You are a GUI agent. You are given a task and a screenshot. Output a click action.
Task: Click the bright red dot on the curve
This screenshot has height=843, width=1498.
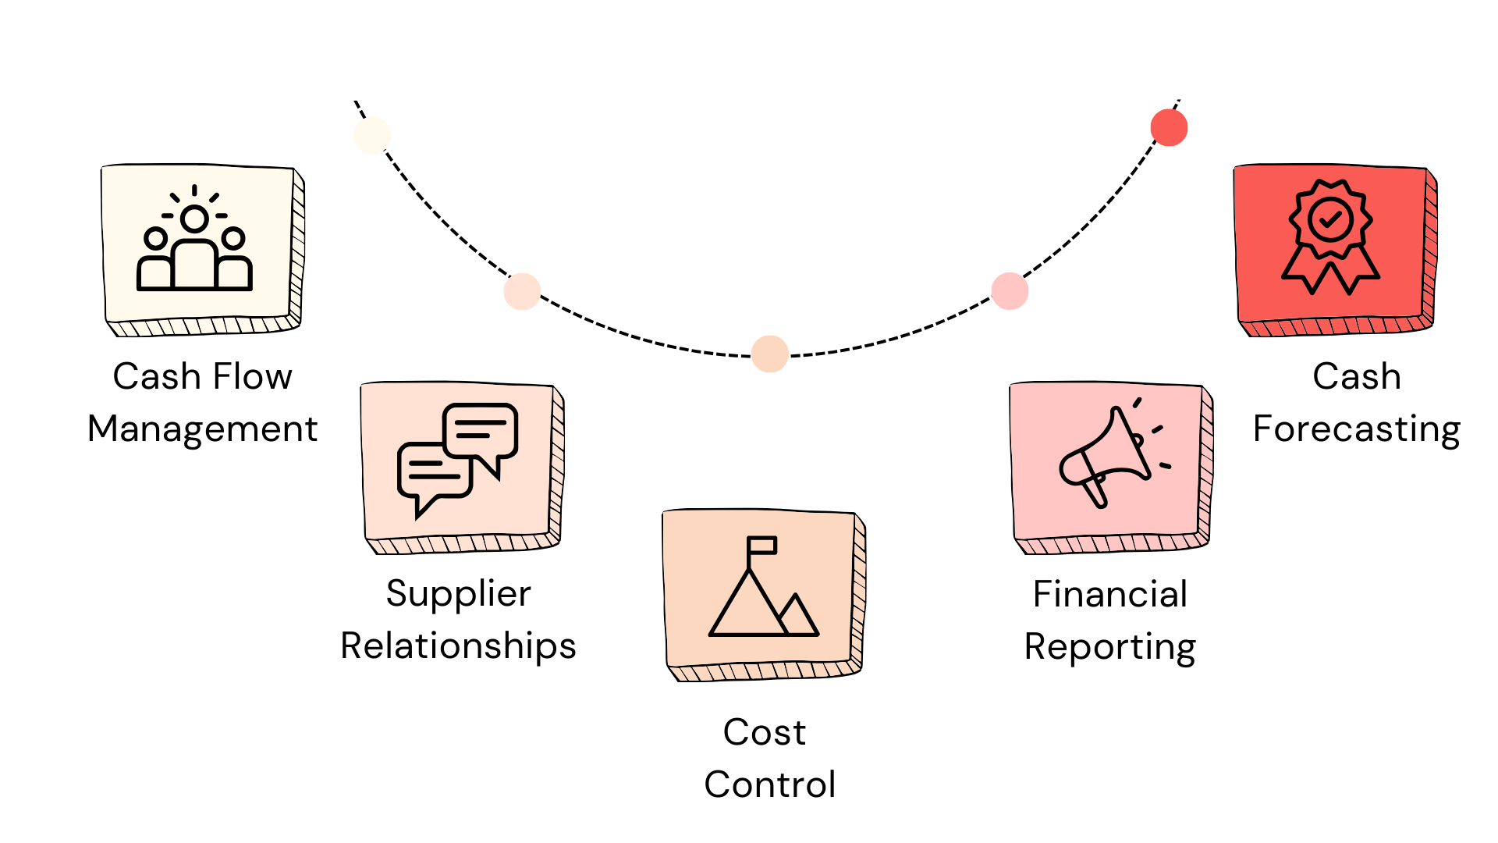pos(1169,127)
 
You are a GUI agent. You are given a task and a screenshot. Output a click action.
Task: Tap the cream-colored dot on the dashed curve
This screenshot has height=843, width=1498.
pos(372,135)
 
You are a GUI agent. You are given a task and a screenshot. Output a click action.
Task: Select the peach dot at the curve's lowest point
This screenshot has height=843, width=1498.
pos(770,354)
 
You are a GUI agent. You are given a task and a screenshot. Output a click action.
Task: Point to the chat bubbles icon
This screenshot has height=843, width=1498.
pos(457,459)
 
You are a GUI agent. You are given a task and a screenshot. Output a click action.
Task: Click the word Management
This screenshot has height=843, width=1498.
pos(202,429)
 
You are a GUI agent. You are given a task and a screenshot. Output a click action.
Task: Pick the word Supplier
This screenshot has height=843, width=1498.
pos(458,594)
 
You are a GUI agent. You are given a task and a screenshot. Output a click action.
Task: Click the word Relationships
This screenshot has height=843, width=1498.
pos(458,646)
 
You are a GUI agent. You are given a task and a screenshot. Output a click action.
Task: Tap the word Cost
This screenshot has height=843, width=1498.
pos(764,732)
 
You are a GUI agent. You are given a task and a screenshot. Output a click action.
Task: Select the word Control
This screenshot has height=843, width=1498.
pos(769,784)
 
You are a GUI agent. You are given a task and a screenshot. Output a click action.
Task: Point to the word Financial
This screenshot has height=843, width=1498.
pos(1109,594)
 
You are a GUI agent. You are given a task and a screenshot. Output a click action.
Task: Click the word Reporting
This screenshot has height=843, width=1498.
pos(1109,647)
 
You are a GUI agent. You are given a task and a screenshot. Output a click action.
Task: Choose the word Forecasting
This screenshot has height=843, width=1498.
pos(1356,429)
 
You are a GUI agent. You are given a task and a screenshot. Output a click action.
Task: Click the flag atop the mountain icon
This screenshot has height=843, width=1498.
pos(762,545)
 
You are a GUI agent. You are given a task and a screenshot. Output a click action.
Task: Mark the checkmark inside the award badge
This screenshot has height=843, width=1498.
pos(1330,219)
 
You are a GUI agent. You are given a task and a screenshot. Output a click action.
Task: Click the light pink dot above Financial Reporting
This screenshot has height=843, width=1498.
pos(1010,291)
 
